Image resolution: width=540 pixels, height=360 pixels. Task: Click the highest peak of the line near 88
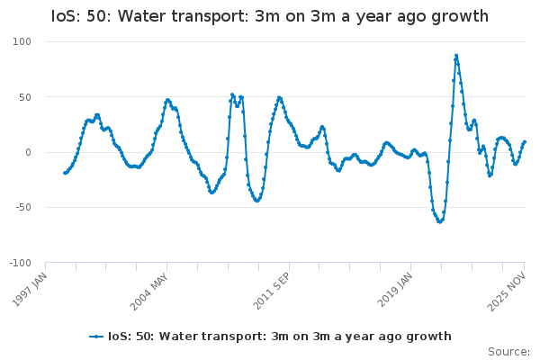(456, 55)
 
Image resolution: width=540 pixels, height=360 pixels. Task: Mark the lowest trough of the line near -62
(439, 221)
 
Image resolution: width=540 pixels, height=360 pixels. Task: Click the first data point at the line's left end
(64, 173)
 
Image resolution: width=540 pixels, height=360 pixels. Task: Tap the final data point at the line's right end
(525, 142)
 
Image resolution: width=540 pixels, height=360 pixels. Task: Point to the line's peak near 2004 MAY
(167, 100)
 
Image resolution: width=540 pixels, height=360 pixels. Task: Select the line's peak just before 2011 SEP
(279, 97)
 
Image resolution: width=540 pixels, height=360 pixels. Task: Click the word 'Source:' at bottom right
(508, 351)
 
